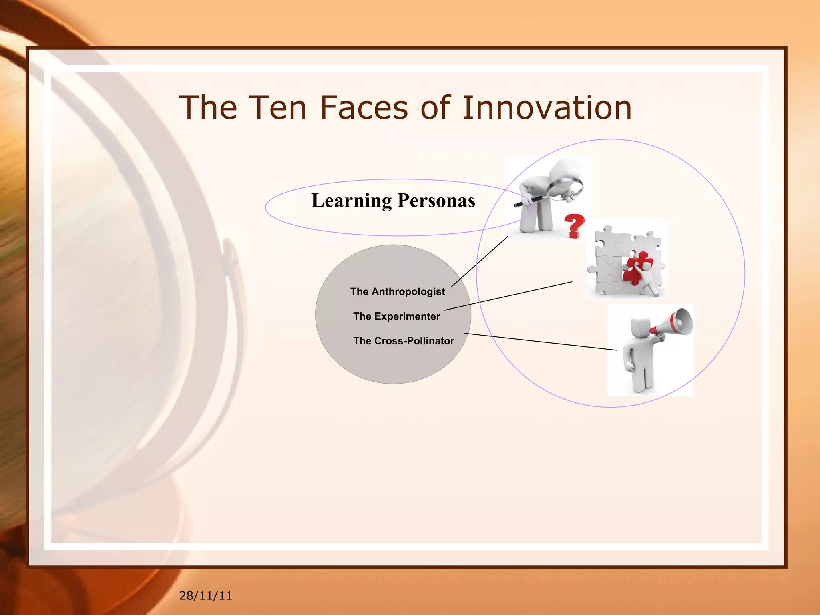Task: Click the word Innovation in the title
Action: coord(547,108)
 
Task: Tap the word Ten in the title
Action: coord(278,108)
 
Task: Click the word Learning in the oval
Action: coord(351,201)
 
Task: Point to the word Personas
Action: coord(436,201)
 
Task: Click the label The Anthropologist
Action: coord(397,291)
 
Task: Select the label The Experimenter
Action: coord(396,316)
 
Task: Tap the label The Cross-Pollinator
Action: coord(403,341)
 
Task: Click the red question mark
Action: coord(574,225)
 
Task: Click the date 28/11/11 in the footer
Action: coord(205,596)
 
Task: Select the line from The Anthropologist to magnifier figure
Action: coord(480,261)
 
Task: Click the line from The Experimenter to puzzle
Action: coord(508,295)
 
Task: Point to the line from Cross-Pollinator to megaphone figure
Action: coord(541,342)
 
